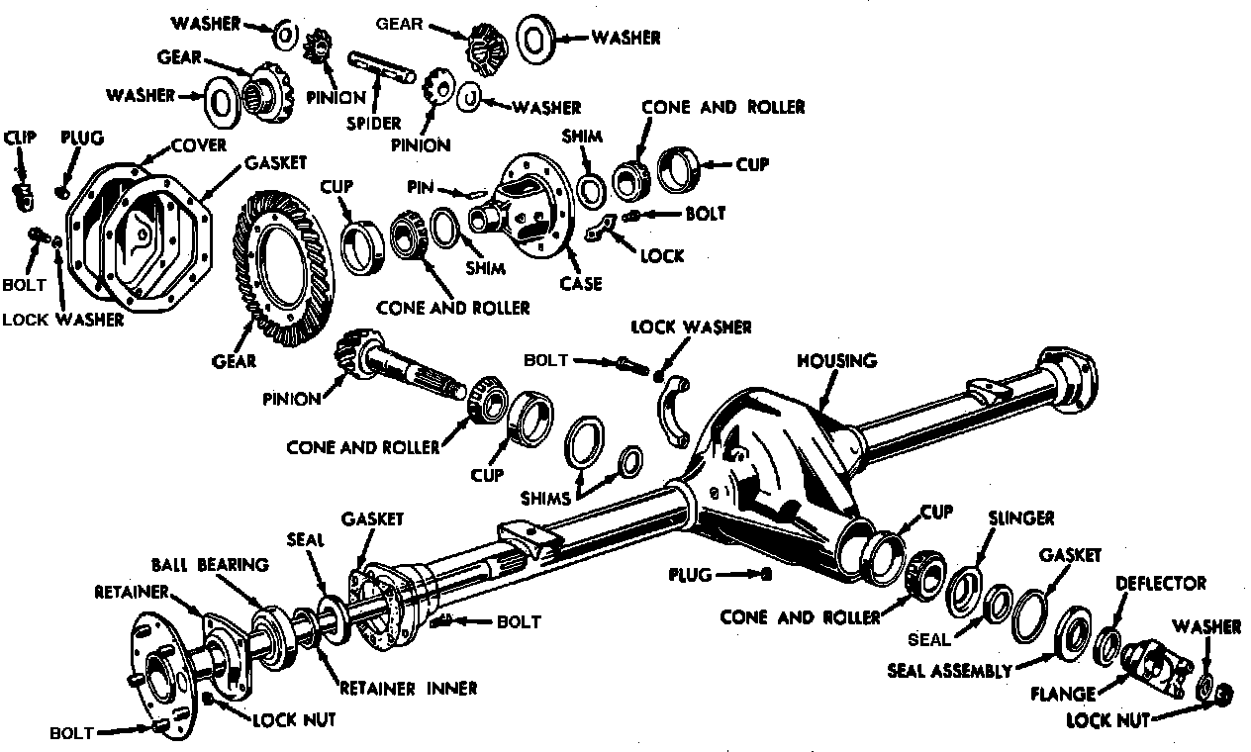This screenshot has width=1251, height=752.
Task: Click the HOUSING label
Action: [x=836, y=360]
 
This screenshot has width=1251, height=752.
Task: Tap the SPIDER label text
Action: [x=373, y=124]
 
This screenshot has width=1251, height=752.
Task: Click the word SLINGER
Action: [x=1021, y=518]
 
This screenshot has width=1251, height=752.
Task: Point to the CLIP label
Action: [x=20, y=137]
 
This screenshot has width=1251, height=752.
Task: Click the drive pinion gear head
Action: [x=351, y=351]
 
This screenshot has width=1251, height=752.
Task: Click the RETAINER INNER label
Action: [x=408, y=688]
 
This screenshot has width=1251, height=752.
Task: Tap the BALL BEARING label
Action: [x=210, y=565]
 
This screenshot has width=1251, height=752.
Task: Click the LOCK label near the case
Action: [x=662, y=256]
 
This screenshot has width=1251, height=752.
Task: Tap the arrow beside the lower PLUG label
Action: [x=733, y=573]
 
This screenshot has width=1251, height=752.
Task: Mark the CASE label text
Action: [x=580, y=284]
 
